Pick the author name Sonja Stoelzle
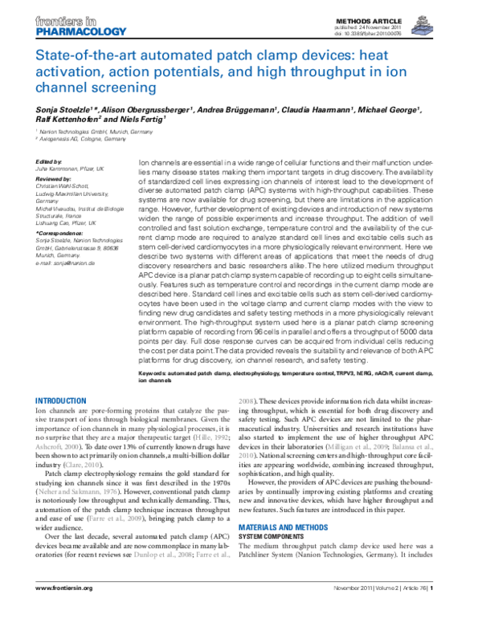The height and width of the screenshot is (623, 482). click(x=65, y=108)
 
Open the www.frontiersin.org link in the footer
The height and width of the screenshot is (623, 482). click(x=65, y=609)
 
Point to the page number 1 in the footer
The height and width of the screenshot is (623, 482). click(x=433, y=609)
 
